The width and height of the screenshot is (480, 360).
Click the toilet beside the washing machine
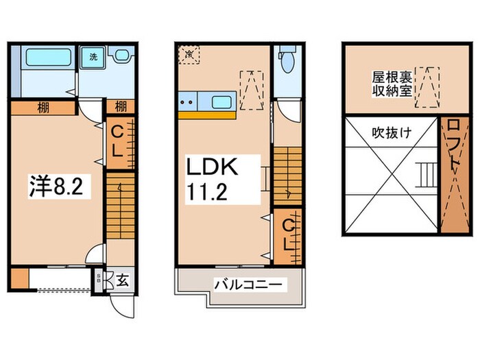click(x=122, y=58)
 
